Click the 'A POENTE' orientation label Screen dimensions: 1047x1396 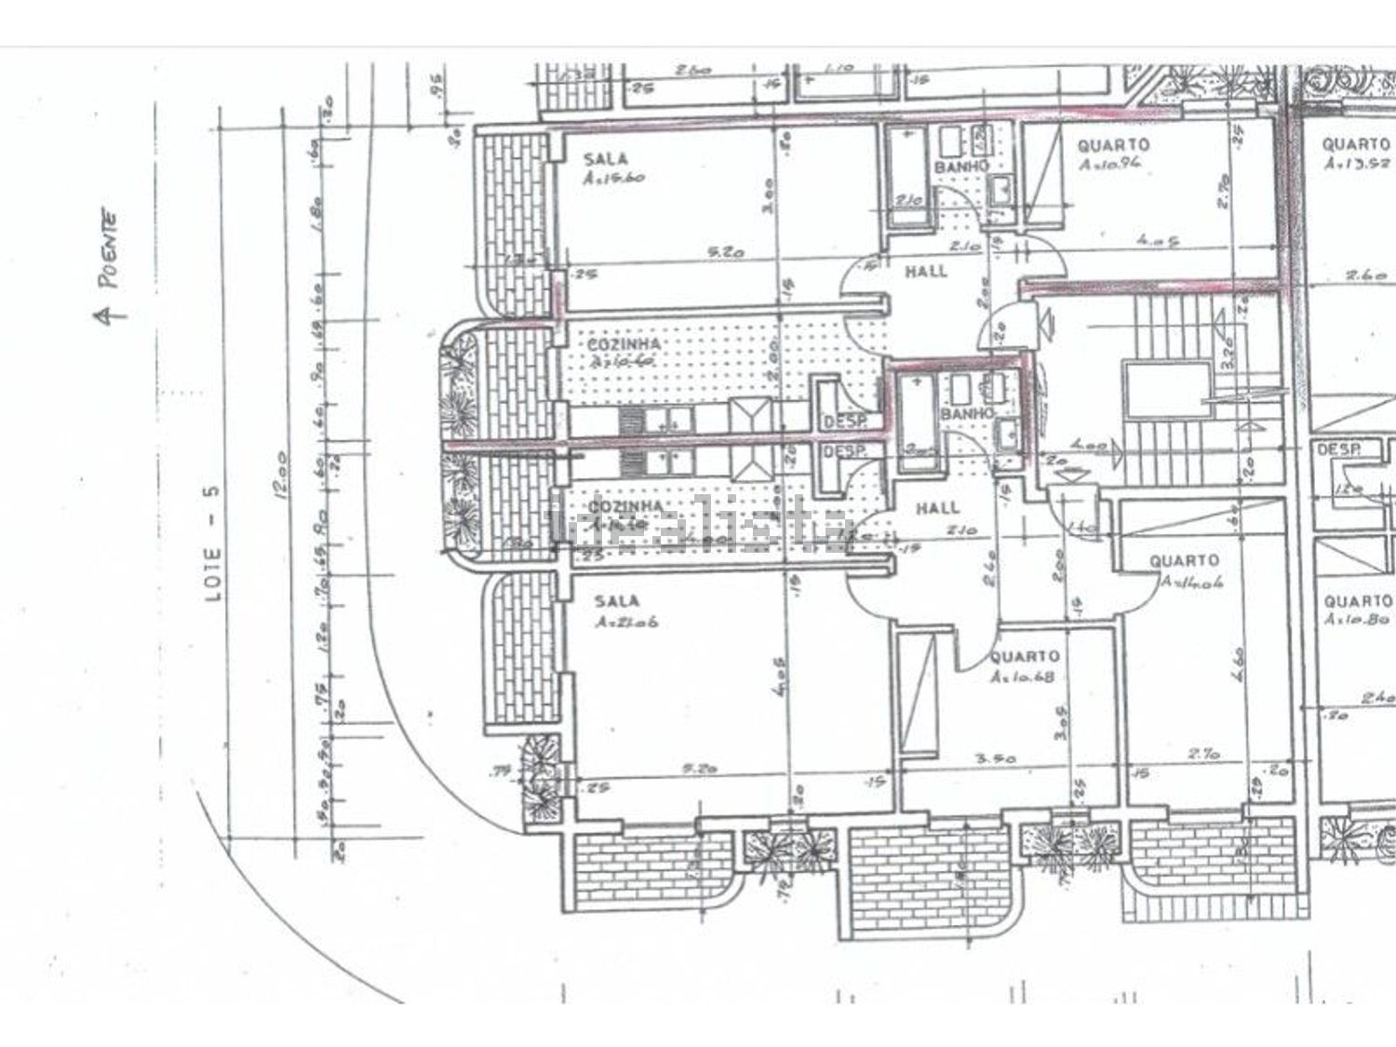coord(112,266)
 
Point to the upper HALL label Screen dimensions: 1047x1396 coord(926,271)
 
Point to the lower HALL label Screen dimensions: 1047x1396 coord(936,508)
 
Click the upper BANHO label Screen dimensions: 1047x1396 coord(961,167)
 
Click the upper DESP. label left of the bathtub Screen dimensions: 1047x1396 coord(845,423)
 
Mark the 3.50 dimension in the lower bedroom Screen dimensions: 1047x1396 coord(995,758)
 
